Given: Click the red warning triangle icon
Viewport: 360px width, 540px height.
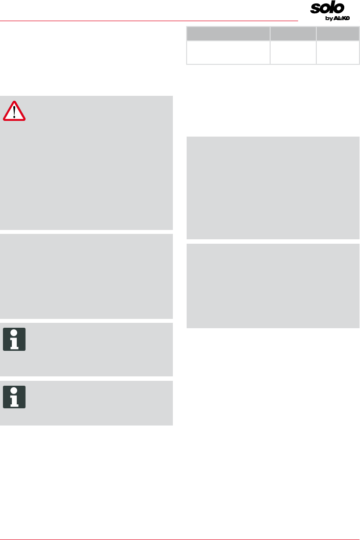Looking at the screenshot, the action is (x=14, y=112).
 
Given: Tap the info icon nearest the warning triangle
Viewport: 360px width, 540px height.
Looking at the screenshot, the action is (x=14, y=339).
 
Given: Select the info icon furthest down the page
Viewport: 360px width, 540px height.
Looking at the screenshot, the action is (x=14, y=397).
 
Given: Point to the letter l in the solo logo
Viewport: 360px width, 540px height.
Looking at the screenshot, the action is (x=331, y=8).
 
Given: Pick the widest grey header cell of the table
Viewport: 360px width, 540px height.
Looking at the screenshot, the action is (x=228, y=34).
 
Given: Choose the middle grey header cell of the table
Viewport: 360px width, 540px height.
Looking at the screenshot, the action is (x=293, y=34).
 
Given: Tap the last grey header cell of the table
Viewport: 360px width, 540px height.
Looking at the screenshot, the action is (x=338, y=34).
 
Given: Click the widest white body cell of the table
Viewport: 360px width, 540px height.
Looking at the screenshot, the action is (x=228, y=53).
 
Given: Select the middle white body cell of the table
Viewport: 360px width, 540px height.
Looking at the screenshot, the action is (x=293, y=53).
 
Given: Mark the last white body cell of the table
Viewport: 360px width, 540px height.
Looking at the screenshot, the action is (x=338, y=53).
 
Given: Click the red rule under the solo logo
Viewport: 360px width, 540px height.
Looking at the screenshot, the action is (x=147, y=21).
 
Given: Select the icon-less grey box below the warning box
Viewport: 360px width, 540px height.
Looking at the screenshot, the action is (x=86, y=276).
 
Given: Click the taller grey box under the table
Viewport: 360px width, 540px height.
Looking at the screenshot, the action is (x=273, y=188).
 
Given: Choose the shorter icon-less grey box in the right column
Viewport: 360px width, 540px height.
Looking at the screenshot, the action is (x=273, y=285).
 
